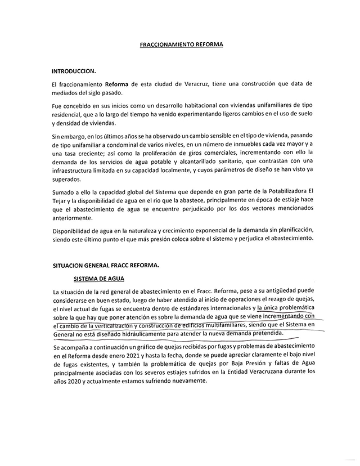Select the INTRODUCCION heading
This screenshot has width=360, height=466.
pos(73,71)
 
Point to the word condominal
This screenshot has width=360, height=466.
pos(113,145)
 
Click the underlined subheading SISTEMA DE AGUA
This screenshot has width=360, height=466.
pos(99,279)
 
